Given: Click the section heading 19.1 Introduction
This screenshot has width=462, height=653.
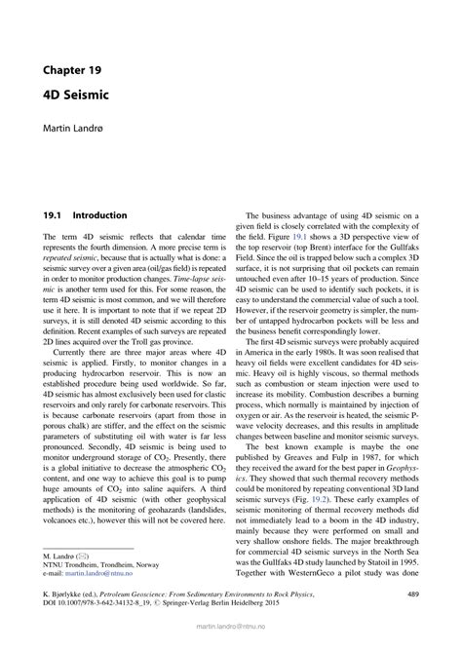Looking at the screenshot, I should click(x=86, y=215).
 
